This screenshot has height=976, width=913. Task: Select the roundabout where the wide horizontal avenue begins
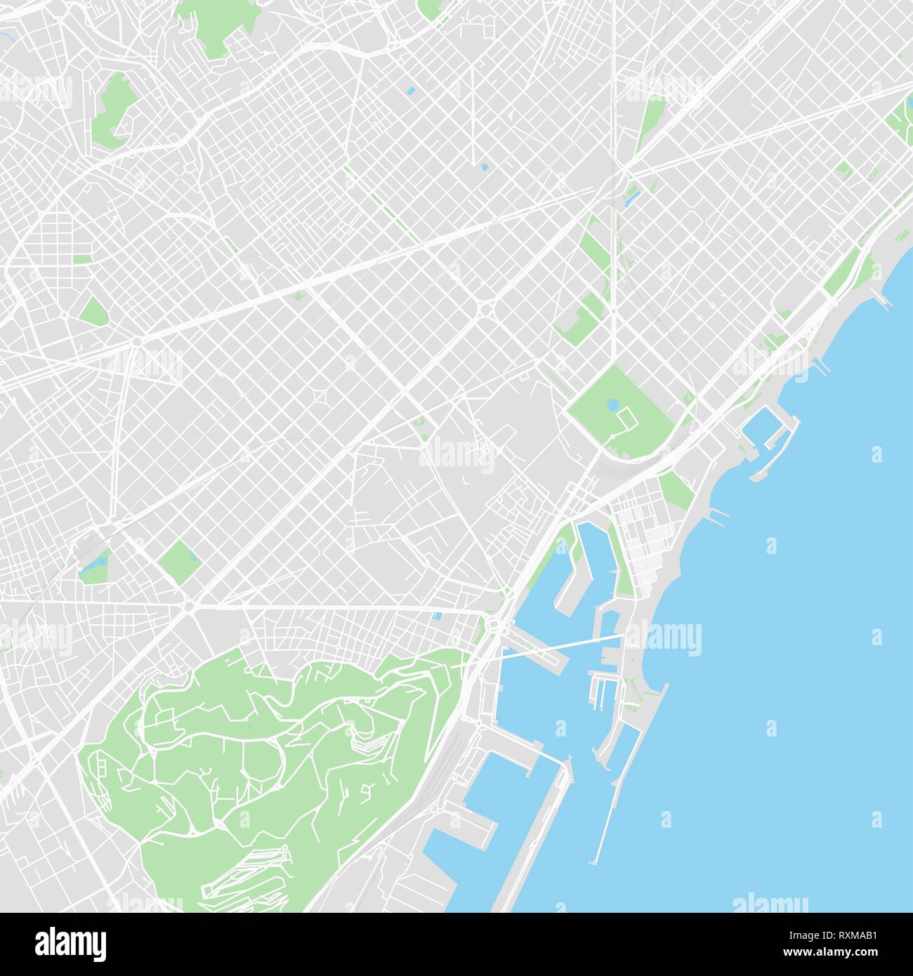tap(188, 606)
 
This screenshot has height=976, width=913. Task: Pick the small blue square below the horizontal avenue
tap(438, 616)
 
